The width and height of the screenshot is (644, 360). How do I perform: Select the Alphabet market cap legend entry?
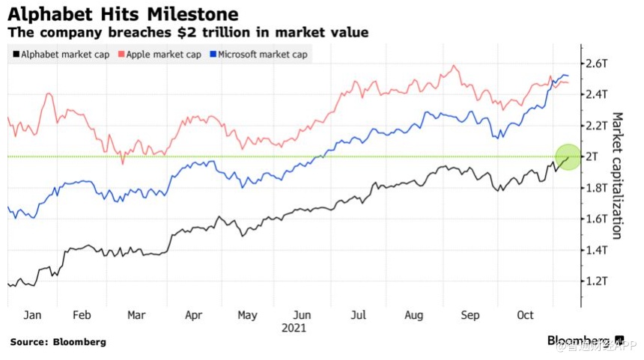tap(64, 55)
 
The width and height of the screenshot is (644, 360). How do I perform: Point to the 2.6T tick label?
tap(597, 63)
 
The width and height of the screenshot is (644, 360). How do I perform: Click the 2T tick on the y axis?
tap(593, 156)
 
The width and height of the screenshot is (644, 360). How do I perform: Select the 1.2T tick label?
tap(597, 281)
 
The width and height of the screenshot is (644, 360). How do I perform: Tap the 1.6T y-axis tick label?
tap(597, 219)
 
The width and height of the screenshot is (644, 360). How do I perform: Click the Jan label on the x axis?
tap(32, 315)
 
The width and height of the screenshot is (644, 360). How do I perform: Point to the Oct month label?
tap(526, 315)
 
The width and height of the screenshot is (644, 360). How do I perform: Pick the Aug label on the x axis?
tap(414, 315)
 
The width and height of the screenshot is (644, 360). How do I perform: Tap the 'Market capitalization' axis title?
tap(617, 175)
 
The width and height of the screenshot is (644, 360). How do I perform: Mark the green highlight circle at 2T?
tap(568, 156)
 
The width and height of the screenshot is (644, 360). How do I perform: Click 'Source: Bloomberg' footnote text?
tap(58, 342)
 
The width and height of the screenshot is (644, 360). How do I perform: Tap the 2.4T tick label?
tap(597, 94)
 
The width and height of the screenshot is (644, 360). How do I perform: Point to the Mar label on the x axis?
tap(136, 315)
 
